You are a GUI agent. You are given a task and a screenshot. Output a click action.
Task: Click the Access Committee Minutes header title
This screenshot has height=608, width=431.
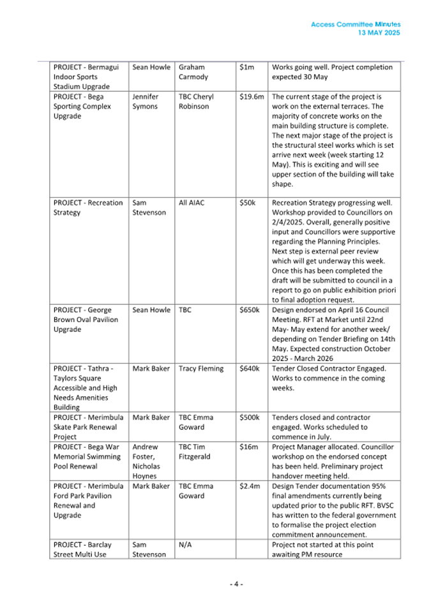tap(356, 24)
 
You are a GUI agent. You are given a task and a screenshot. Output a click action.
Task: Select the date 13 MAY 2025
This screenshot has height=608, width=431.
tap(379, 33)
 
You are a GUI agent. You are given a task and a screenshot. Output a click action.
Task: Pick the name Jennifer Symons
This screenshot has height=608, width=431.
tap(145, 101)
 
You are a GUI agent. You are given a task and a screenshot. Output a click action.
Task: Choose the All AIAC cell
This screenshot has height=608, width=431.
tap(192, 203)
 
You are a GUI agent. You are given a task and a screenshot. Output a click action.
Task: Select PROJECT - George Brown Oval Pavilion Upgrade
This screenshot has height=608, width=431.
tap(86, 320)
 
